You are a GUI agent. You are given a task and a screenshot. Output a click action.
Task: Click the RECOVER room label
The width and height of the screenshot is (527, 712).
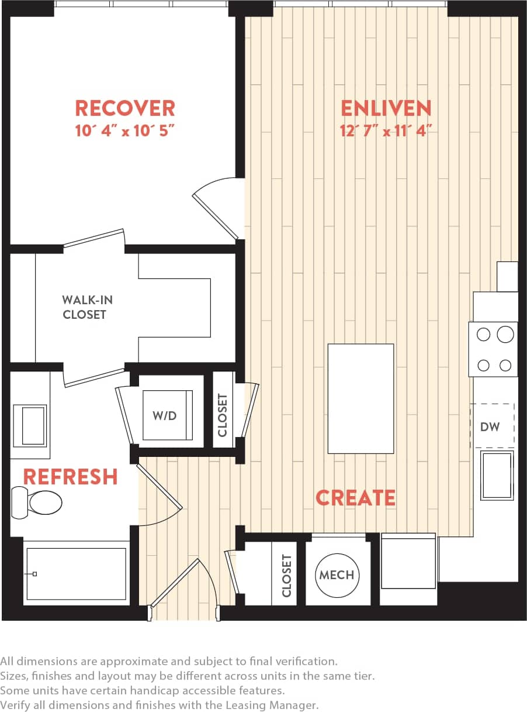click(x=124, y=108)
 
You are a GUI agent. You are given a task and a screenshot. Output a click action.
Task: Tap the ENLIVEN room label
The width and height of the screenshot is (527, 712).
click(x=386, y=108)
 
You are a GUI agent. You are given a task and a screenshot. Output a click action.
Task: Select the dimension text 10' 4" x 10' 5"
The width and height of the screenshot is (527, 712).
click(x=124, y=131)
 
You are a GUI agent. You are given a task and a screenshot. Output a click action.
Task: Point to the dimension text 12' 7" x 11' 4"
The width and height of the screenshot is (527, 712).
click(x=386, y=131)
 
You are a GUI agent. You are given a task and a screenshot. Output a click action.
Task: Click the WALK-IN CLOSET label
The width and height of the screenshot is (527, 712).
click(x=87, y=307)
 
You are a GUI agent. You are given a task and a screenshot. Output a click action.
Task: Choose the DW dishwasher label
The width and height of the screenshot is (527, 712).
click(x=490, y=426)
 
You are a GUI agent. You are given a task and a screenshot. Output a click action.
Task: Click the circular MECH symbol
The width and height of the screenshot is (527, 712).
click(x=337, y=575)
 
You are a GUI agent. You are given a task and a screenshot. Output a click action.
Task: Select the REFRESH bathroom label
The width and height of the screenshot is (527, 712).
click(x=70, y=477)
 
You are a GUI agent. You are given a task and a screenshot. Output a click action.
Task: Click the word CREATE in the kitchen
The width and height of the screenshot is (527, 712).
click(x=355, y=497)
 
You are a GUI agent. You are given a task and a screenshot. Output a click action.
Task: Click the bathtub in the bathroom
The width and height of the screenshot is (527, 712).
click(x=75, y=574)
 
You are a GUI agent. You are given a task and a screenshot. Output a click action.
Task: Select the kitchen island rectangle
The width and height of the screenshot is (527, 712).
click(x=360, y=398)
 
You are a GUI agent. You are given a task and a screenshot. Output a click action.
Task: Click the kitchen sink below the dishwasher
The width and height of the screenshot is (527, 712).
click(x=497, y=475)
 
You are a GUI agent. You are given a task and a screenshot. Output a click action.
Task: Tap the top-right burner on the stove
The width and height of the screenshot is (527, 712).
click(x=505, y=335)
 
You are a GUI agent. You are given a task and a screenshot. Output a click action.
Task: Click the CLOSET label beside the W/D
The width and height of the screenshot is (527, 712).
click(x=223, y=415)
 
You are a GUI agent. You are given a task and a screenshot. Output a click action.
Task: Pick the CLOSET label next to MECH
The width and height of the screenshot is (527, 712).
click(x=286, y=576)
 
